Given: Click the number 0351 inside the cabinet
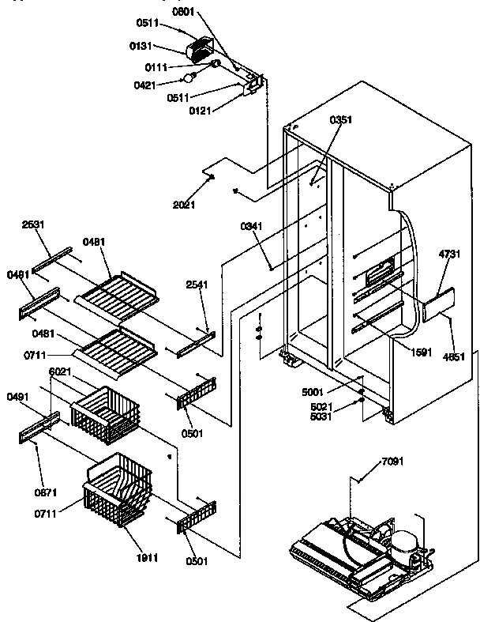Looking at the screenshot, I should (x=340, y=120).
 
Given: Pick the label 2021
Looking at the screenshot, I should (x=183, y=205).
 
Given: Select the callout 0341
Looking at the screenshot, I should (x=250, y=227).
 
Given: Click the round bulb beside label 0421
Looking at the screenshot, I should (x=188, y=77).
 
